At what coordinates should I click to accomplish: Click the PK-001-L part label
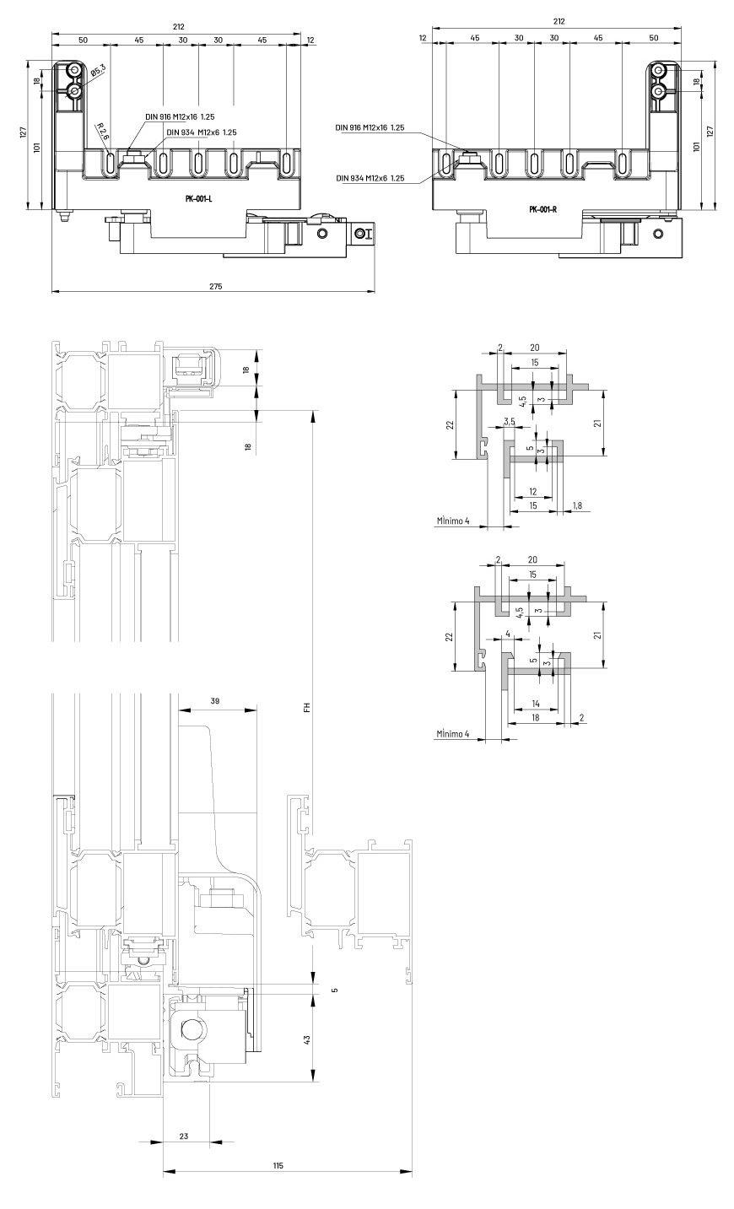pyautogui.click(x=198, y=198)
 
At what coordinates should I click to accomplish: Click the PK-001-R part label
pyautogui.click(x=543, y=209)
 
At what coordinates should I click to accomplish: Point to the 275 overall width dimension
pyautogui.click(x=215, y=286)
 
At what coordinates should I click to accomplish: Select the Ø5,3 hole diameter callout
pyautogui.click(x=98, y=70)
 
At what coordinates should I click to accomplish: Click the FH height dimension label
pyautogui.click(x=307, y=707)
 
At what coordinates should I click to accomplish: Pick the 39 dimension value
pyautogui.click(x=215, y=701)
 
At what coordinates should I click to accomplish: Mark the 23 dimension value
pyautogui.click(x=184, y=1136)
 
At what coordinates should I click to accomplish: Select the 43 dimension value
pyautogui.click(x=306, y=1039)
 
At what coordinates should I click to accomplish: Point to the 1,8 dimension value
pyautogui.click(x=577, y=505)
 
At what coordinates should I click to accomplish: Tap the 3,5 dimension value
pyautogui.click(x=510, y=421)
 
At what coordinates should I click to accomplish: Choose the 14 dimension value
pyautogui.click(x=536, y=704)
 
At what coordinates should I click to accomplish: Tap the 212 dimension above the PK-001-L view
pyautogui.click(x=179, y=26)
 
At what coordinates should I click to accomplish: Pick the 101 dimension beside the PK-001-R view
pyautogui.click(x=696, y=146)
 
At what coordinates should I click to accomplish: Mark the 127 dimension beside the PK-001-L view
pyautogui.click(x=23, y=132)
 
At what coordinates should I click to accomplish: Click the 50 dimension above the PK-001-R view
pyautogui.click(x=654, y=38)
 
